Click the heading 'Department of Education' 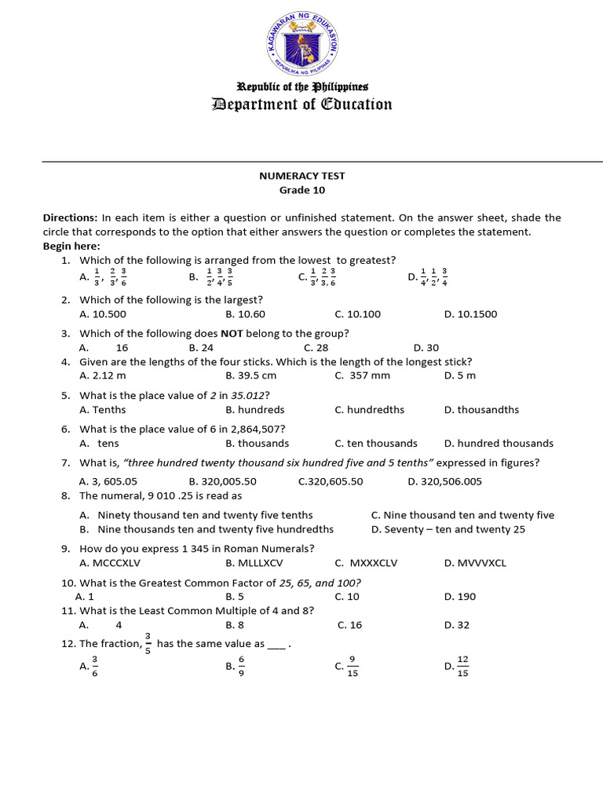tap(301, 104)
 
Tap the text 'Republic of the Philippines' tap(301, 86)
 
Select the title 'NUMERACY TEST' tap(301, 176)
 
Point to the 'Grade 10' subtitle tap(301, 190)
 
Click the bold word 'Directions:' tap(70, 217)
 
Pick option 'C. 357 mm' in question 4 tap(362, 375)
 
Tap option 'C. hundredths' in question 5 tap(369, 409)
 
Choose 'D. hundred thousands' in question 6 tap(498, 443)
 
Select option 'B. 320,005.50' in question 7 tap(222, 481)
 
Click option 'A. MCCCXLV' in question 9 tap(110, 563)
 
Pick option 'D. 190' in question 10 tap(459, 596)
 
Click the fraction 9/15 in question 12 tap(353, 667)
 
